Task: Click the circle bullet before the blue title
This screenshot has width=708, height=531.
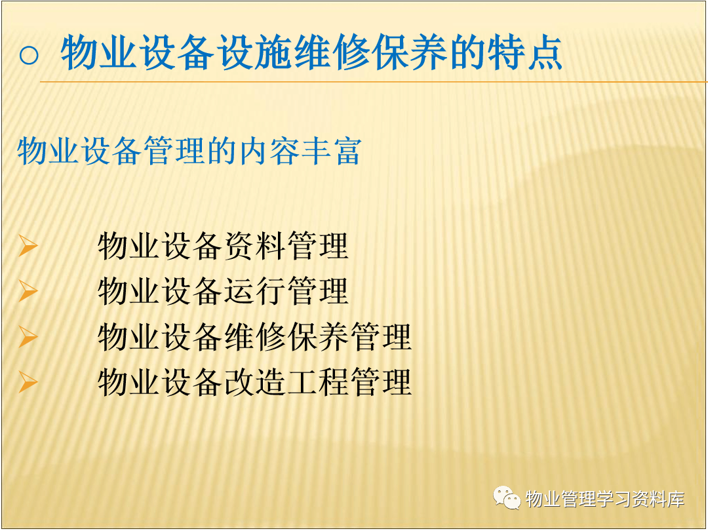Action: click(29, 55)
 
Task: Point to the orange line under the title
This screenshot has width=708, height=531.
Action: click(374, 82)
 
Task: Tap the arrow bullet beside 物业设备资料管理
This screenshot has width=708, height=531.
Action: click(28, 246)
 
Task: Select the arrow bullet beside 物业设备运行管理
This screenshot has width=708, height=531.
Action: click(28, 290)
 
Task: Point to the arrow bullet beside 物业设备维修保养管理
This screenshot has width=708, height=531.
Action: click(28, 336)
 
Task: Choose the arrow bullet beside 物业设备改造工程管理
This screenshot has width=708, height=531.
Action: click(28, 382)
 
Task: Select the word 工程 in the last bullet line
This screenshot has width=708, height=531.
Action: click(318, 382)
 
